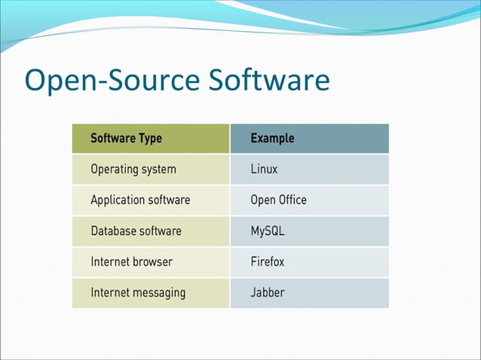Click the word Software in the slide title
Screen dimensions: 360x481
267,81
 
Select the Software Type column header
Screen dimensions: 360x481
126,139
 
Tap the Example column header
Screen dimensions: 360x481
272,139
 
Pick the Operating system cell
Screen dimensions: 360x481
133,169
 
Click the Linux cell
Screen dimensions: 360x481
264,169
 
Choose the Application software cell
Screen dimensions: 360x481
140,200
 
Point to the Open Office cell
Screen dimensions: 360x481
278,200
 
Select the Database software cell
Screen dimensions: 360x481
136,231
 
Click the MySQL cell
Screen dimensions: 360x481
267,231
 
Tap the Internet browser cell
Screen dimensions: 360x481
131,262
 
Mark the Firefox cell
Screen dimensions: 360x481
267,262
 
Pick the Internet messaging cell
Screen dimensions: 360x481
138,293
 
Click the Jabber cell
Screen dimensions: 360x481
267,293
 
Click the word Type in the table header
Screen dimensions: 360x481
149,139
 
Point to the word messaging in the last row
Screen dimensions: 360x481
159,293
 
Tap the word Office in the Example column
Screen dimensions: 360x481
293,200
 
